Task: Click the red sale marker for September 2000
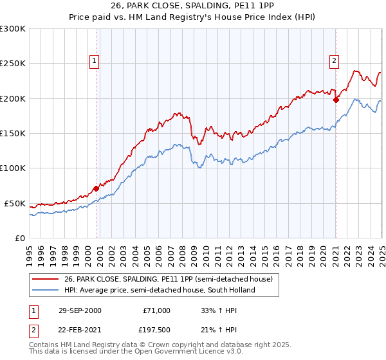96,188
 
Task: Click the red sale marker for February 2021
336,100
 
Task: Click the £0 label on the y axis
19,238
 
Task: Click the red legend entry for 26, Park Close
169,279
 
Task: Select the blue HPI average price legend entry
159,290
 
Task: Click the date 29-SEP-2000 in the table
80,310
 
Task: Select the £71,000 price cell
156,310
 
